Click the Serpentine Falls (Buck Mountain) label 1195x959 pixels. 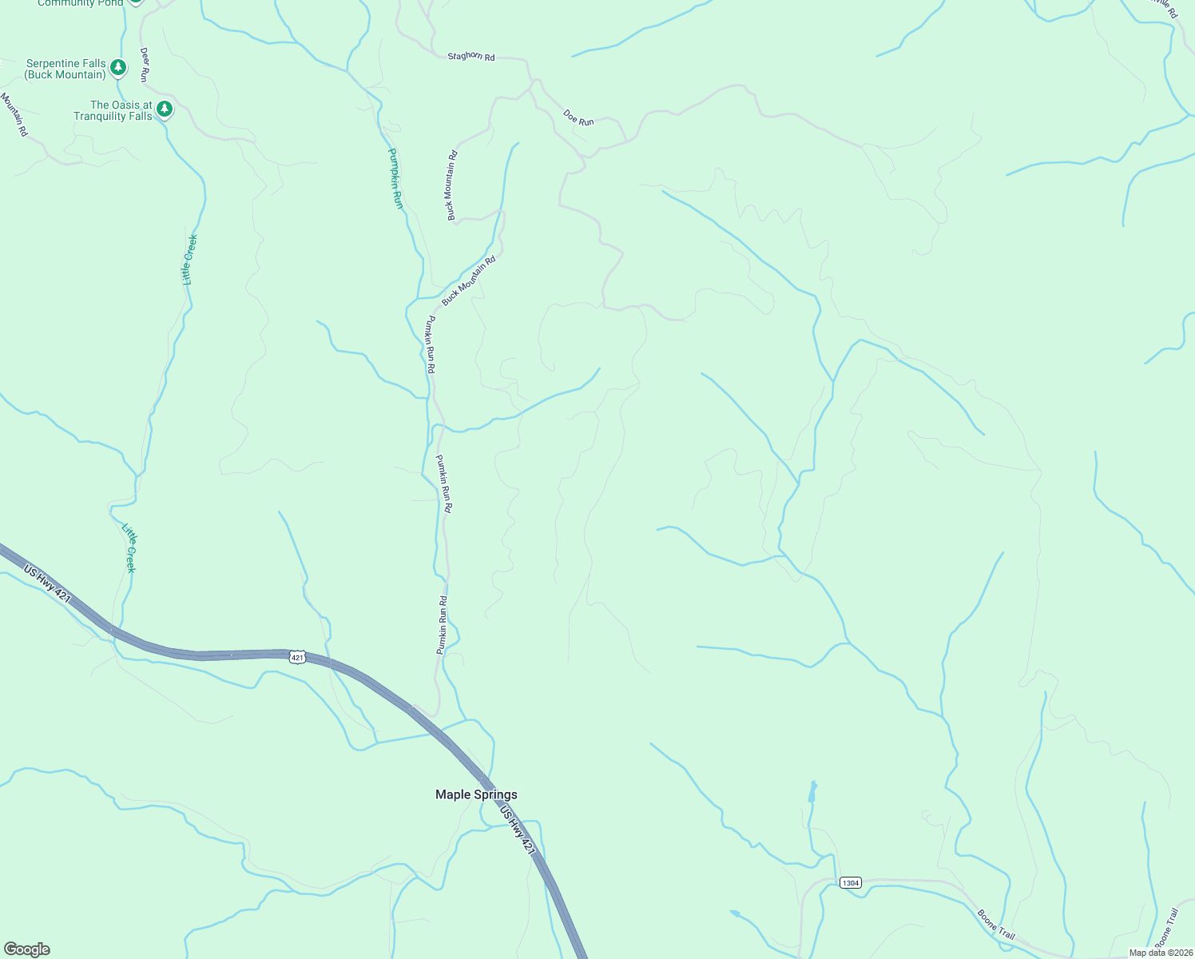click(66, 69)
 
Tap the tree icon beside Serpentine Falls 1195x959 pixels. click(118, 67)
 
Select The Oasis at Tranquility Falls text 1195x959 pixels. click(113, 110)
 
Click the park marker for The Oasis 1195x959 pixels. click(165, 109)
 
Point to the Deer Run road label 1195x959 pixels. click(145, 64)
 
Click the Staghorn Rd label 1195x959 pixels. click(471, 57)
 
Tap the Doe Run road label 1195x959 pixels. click(578, 117)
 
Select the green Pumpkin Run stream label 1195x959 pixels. click(395, 178)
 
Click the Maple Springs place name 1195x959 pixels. click(476, 794)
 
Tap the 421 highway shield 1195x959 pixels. click(297, 657)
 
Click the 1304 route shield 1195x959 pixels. click(850, 882)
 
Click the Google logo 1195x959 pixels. click(26, 949)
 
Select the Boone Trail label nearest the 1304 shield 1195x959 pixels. click(996, 924)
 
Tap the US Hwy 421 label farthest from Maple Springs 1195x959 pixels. click(47, 585)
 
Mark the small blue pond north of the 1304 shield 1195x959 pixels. click(812, 791)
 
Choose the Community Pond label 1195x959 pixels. click(80, 3)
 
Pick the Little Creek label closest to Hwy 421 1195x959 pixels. click(129, 548)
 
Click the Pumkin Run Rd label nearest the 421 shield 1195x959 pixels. click(442, 625)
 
